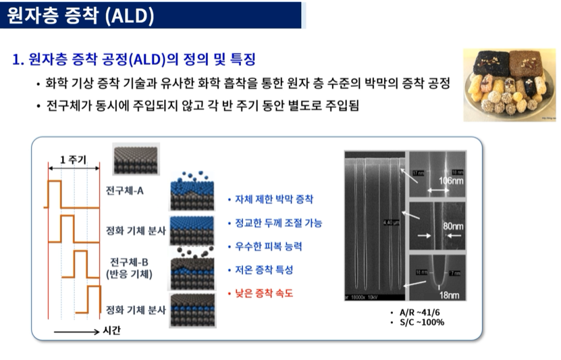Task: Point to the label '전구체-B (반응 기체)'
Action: pos(130,267)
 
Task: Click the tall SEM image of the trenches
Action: pos(375,225)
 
